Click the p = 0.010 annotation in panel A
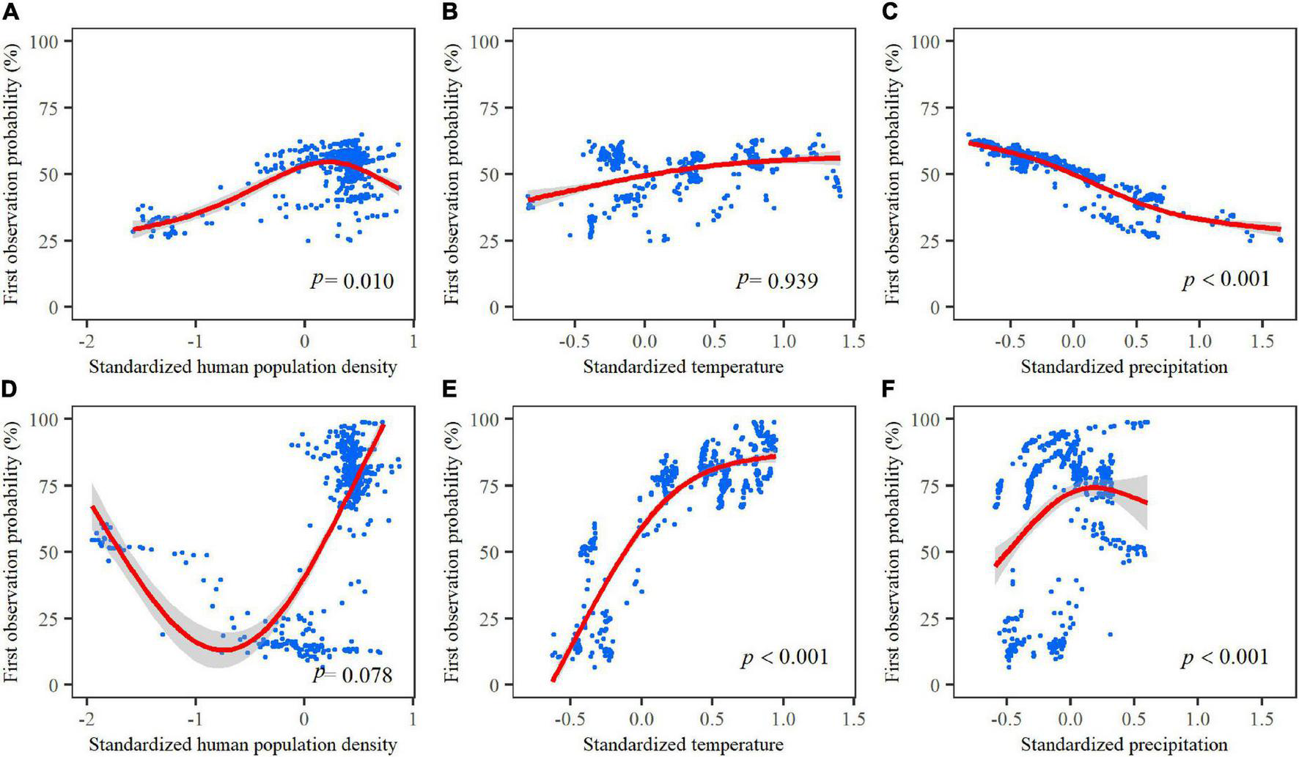coord(352,281)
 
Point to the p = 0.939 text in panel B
coord(777,281)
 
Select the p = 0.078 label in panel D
coord(353,673)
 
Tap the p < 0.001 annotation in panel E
coord(785,657)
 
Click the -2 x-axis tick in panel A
coord(87,341)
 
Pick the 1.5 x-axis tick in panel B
coord(853,341)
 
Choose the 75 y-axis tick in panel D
coord(53,485)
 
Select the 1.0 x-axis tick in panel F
coord(1199,720)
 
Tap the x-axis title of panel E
coord(683,745)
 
